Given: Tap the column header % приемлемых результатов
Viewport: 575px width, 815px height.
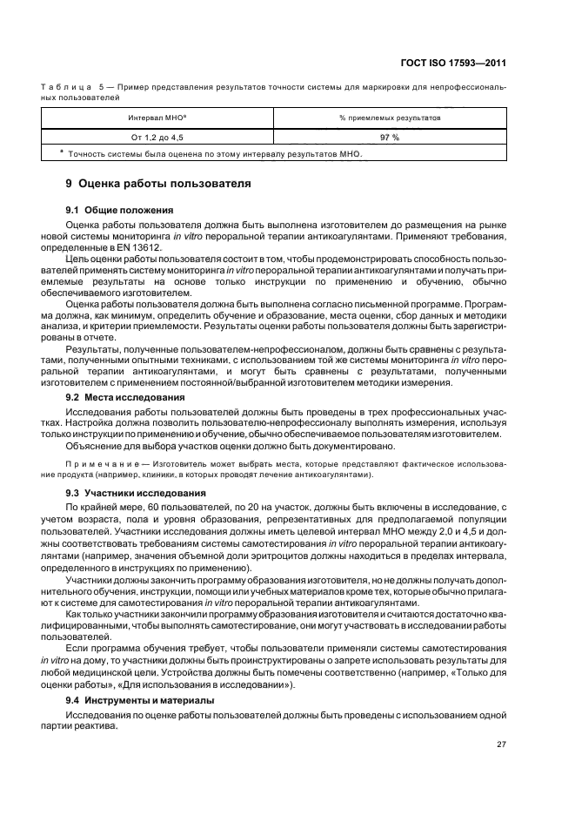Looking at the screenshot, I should [x=390, y=117].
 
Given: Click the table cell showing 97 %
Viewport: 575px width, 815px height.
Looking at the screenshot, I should [x=390, y=138].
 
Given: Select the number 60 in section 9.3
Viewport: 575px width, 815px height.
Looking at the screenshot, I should [x=154, y=505].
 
